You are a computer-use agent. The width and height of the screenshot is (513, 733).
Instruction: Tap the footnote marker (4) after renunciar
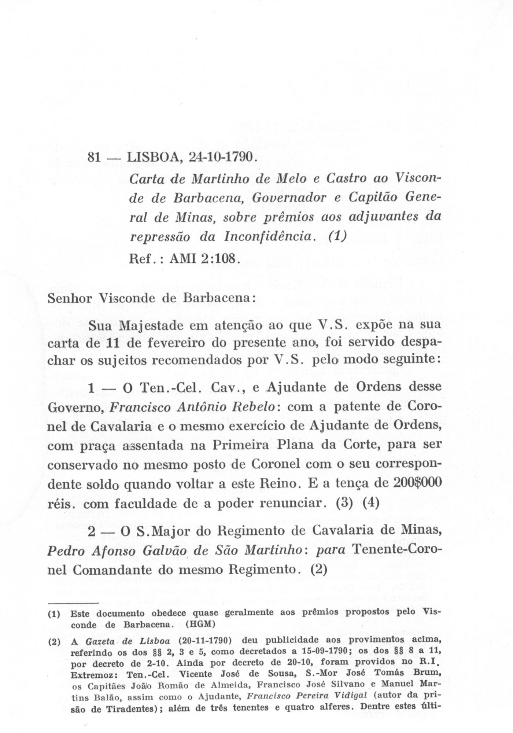click(370, 503)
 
